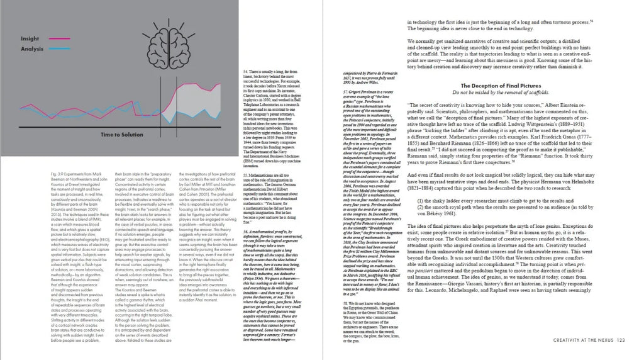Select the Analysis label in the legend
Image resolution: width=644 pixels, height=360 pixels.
[32, 48]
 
